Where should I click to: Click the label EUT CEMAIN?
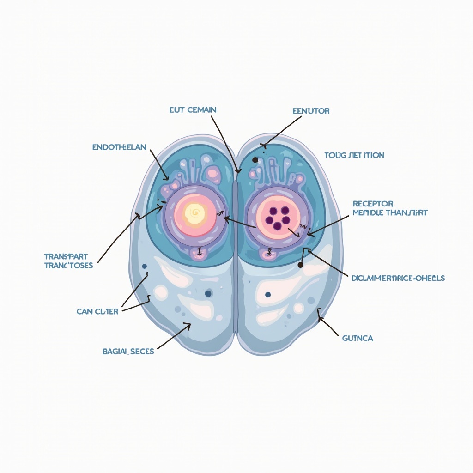[193, 110]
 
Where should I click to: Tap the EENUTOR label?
[311, 111]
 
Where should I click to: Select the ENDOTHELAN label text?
[119, 147]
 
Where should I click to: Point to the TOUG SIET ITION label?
[354, 155]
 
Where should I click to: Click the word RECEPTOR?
[373, 204]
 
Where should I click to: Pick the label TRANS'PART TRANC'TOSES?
[68, 261]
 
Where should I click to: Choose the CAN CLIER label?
[97, 311]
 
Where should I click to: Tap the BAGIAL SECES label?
[128, 351]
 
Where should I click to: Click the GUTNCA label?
[358, 338]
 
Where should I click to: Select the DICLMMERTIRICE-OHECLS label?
[398, 278]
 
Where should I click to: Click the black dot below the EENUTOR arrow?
[255, 160]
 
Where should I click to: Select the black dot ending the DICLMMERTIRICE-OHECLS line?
[300, 265]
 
